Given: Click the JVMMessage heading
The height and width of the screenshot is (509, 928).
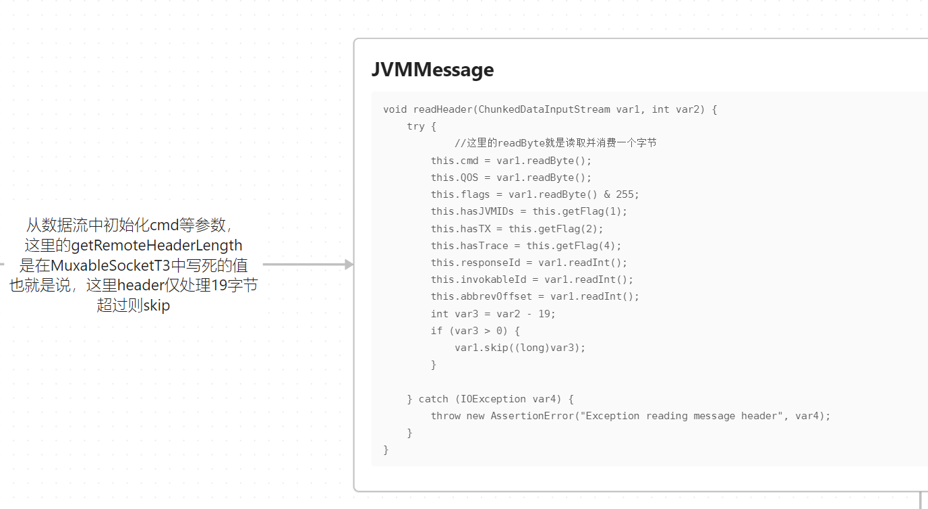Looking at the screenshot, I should click(432, 70).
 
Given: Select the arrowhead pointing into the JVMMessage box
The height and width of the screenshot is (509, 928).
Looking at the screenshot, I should click(349, 265).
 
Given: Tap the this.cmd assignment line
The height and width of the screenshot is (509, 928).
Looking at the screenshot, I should click(511, 161).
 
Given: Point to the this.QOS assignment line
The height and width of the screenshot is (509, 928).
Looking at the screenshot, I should click(511, 178).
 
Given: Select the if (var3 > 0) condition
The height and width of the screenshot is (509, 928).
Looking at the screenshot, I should click(475, 331).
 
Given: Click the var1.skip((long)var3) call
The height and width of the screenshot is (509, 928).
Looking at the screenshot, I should click(519, 348).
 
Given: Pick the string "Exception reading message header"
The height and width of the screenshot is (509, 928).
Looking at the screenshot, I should click(681, 416).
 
